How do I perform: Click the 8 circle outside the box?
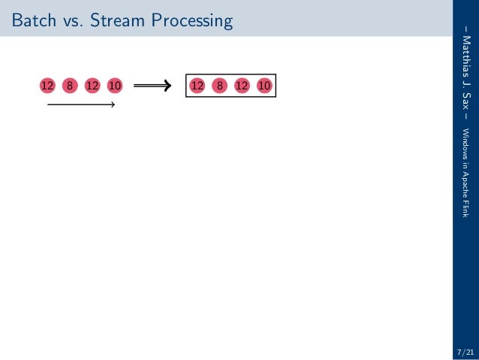coord(70,86)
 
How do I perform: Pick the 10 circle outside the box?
coord(115,86)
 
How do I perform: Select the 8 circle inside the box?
coord(219,86)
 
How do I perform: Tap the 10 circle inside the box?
coord(264,86)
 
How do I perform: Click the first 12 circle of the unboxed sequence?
coord(47,86)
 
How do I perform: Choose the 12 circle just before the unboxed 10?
coord(92,86)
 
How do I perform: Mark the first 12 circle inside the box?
coord(197,86)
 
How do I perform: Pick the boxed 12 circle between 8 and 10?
coord(242,86)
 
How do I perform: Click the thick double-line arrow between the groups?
coord(153,86)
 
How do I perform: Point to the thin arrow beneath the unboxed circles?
coord(80,104)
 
